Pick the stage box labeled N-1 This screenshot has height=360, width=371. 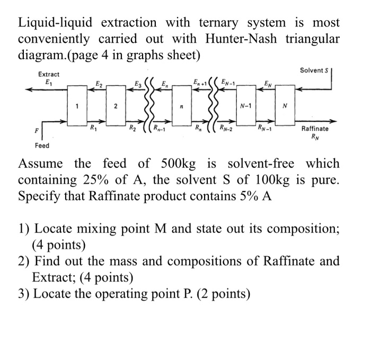pos(246,105)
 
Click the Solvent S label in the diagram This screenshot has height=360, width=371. pos(314,70)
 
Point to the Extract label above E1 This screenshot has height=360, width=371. pos(49,75)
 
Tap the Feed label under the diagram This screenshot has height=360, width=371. pos(42,145)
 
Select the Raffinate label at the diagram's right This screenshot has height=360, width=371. pos(315,129)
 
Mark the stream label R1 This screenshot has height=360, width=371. pos(93,128)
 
